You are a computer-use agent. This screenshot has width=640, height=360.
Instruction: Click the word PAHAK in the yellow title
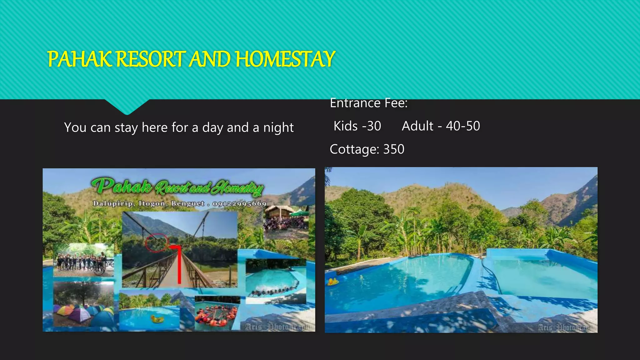(x=80, y=59)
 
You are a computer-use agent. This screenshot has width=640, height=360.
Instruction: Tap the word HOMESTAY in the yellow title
(x=285, y=59)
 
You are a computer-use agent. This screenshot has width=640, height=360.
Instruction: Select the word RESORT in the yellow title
(x=151, y=59)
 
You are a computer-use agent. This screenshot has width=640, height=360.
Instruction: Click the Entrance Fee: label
(x=369, y=103)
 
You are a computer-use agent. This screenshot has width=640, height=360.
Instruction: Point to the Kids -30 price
(x=357, y=126)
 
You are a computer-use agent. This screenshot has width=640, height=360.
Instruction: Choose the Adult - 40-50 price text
(x=441, y=126)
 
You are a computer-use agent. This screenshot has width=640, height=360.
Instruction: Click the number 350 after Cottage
(x=394, y=149)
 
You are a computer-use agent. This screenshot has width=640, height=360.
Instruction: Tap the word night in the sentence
(x=278, y=128)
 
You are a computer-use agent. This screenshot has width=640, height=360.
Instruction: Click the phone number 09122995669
(x=239, y=204)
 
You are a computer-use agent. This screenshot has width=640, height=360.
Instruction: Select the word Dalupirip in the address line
(x=113, y=204)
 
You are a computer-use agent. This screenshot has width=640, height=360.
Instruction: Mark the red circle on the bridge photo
(x=157, y=242)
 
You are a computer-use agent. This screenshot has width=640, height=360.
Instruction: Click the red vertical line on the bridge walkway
(x=179, y=266)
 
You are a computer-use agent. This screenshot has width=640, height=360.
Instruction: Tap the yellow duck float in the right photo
(x=332, y=282)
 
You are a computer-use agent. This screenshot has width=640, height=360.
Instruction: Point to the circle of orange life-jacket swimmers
(x=217, y=316)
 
